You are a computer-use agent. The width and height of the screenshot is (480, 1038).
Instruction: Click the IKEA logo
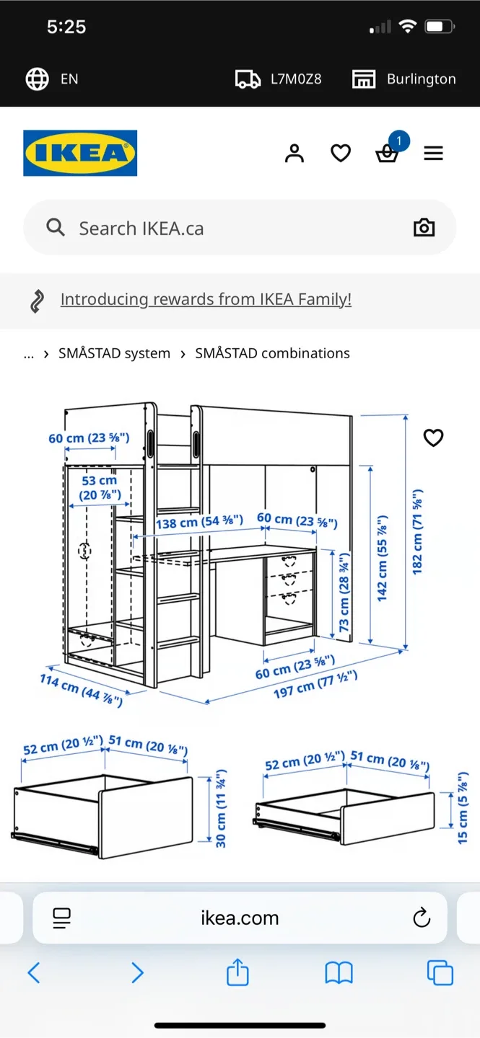point(80,153)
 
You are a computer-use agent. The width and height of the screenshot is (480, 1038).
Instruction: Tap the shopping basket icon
point(387,154)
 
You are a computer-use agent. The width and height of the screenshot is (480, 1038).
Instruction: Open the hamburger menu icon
point(433,154)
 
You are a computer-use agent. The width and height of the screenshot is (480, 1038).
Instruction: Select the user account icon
point(294,154)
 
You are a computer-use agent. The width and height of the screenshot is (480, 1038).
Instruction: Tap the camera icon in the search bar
point(424,228)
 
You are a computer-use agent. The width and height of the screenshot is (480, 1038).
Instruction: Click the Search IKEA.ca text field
point(217,229)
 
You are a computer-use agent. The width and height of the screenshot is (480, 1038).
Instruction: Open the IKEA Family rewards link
point(206,299)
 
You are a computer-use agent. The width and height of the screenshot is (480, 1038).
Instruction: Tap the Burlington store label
point(421,79)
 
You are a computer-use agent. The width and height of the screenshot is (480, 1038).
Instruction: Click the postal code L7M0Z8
point(295,79)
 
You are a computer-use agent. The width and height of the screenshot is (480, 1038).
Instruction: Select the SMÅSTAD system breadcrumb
point(114,353)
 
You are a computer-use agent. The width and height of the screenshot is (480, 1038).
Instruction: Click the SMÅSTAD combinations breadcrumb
point(272,353)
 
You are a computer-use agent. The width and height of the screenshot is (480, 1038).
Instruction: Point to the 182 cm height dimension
point(418,531)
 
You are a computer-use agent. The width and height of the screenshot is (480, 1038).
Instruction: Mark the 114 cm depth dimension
point(81,690)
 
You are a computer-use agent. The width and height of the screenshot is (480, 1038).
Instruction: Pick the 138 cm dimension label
point(199,521)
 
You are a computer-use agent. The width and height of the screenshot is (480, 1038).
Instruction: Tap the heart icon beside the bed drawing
point(433,438)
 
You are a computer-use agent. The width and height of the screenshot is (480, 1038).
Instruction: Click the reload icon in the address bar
point(421,918)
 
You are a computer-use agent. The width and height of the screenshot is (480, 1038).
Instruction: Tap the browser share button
point(237,973)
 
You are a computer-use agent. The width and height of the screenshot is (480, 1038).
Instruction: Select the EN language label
point(69,79)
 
